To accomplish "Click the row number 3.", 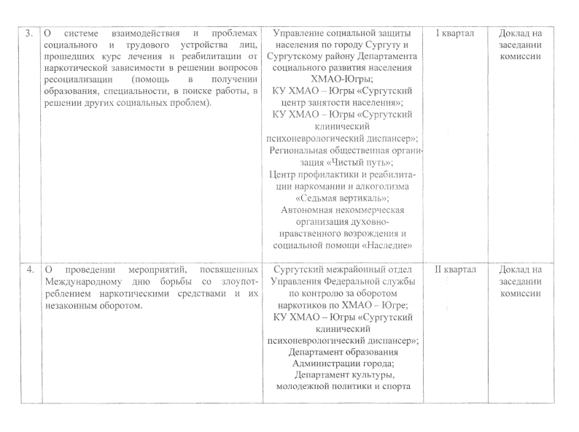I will coord(30,34).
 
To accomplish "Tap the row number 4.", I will coord(30,270).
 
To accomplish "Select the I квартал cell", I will coord(455,34).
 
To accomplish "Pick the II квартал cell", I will coord(455,270).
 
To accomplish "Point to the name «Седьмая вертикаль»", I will coord(342,197).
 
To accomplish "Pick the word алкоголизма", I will coord(381,185).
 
